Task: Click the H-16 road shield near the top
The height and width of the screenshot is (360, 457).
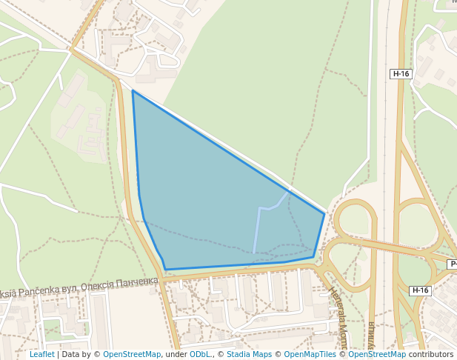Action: [x=401, y=73]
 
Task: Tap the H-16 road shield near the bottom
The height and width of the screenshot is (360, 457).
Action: [x=420, y=290]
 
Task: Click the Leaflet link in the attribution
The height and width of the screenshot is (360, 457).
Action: [x=41, y=354]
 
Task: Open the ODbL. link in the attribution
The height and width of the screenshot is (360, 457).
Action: [x=200, y=354]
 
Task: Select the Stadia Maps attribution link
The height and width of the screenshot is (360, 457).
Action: [x=249, y=354]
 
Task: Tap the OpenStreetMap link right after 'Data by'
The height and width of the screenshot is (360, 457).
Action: [x=132, y=354]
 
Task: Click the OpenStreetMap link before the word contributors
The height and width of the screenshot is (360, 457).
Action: [x=377, y=354]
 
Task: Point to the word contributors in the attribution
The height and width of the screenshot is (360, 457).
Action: [x=430, y=354]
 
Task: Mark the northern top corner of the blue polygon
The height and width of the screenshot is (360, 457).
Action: [x=133, y=91]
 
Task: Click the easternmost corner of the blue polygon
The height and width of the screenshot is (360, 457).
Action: [x=324, y=213]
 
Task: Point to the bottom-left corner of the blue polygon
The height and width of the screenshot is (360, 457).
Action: [x=165, y=269]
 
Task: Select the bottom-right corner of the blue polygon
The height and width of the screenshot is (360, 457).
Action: [x=313, y=257]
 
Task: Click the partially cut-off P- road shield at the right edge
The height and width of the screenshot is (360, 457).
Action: [x=453, y=264]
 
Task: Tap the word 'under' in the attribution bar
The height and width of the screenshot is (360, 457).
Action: [x=176, y=354]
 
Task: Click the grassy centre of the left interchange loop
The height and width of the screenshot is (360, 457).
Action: [x=355, y=221]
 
